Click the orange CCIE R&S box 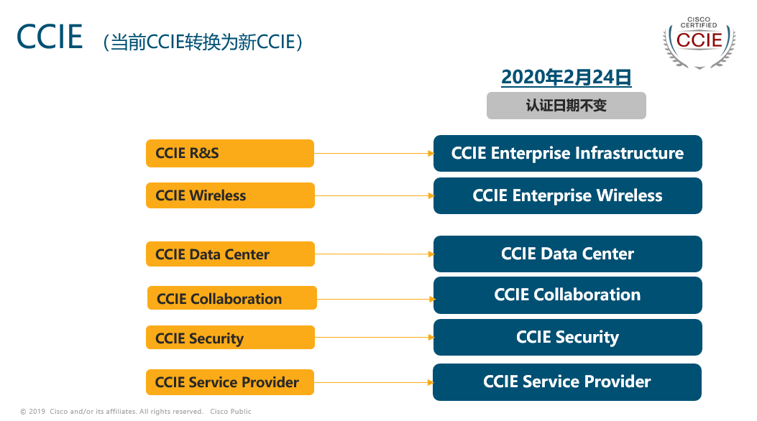coord(230,153)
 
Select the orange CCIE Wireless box coord(230,195)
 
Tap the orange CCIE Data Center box coord(230,254)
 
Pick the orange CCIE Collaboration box coord(232,298)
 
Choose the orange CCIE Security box coord(230,338)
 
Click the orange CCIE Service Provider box coord(230,382)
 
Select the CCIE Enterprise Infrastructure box coord(568,153)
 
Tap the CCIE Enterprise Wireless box coord(568,196)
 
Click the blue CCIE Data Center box coord(568,254)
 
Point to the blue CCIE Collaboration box coord(568,295)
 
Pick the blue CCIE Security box coord(568,337)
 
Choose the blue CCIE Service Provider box coord(567,382)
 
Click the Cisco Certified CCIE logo coord(699,42)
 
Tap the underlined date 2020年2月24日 coord(566,77)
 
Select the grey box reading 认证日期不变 coord(566,106)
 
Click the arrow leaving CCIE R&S coord(374,153)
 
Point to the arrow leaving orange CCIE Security coord(375,337)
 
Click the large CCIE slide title coord(50,37)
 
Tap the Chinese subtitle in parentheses coord(203,42)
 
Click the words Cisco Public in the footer coord(231,412)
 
